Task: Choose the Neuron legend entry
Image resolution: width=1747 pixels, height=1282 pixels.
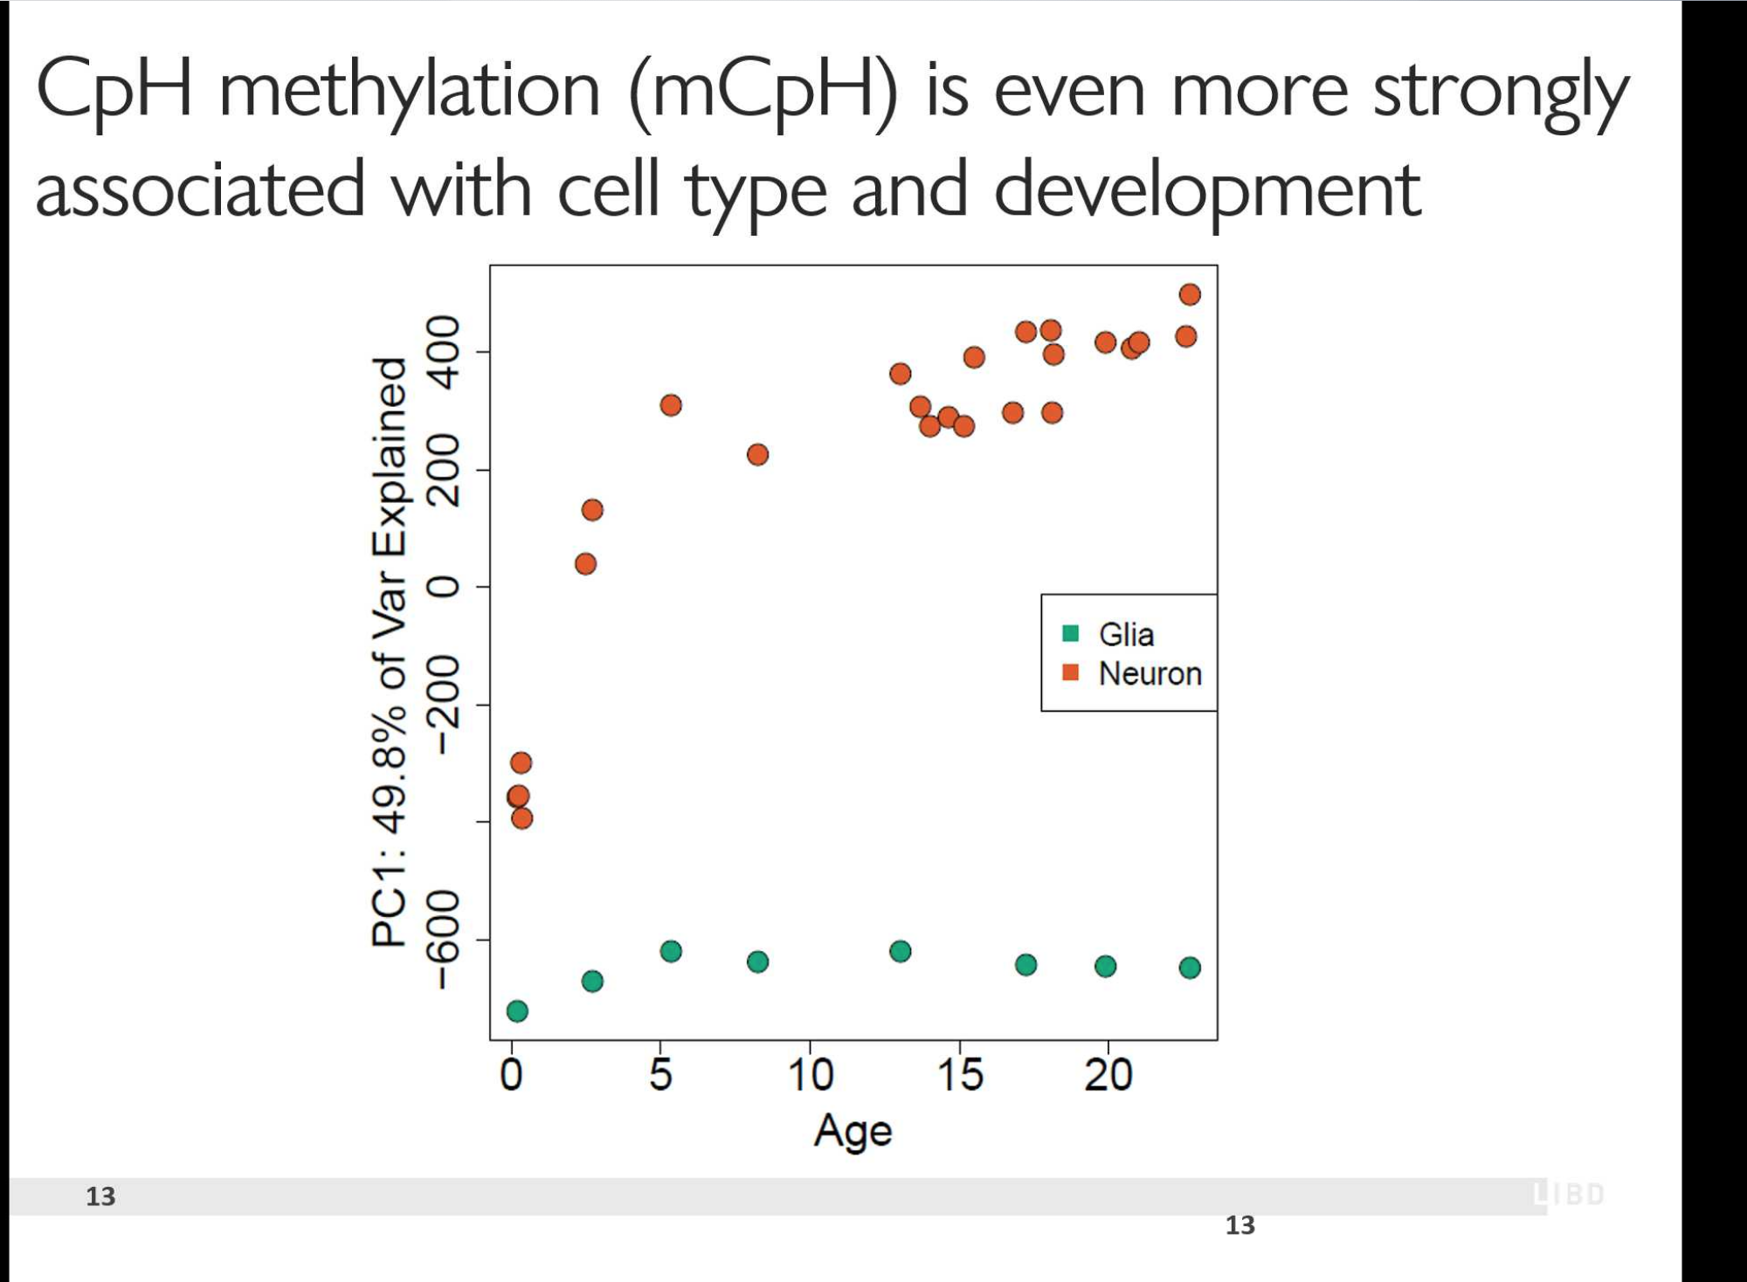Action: pyautogui.click(x=1133, y=673)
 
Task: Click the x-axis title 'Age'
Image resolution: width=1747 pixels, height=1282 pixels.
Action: pyautogui.click(x=853, y=1132)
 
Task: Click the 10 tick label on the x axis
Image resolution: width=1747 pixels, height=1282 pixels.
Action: pyautogui.click(x=810, y=1075)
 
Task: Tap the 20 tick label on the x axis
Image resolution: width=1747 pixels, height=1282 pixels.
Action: pyautogui.click(x=1108, y=1075)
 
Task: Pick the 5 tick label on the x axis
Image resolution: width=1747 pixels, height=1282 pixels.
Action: pyautogui.click(x=660, y=1075)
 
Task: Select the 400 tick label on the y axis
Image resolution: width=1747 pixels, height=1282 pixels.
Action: pyautogui.click(x=445, y=352)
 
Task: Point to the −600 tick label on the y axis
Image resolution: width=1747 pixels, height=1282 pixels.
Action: pyautogui.click(x=445, y=940)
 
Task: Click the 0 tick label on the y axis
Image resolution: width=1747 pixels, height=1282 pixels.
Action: pyautogui.click(x=445, y=587)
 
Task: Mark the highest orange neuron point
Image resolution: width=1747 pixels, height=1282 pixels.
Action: pyautogui.click(x=1190, y=294)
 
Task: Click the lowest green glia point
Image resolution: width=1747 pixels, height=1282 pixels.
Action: pyautogui.click(x=517, y=1011)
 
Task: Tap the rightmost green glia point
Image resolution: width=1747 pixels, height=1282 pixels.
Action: pyautogui.click(x=1190, y=968)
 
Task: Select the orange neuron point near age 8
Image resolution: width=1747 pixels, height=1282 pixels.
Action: pyautogui.click(x=757, y=455)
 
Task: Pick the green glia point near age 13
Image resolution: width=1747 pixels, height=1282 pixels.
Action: pyautogui.click(x=901, y=951)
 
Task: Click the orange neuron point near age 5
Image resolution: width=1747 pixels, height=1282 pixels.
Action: pyautogui.click(x=671, y=405)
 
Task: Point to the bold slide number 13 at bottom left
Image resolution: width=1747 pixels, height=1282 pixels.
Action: pyautogui.click(x=100, y=1196)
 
